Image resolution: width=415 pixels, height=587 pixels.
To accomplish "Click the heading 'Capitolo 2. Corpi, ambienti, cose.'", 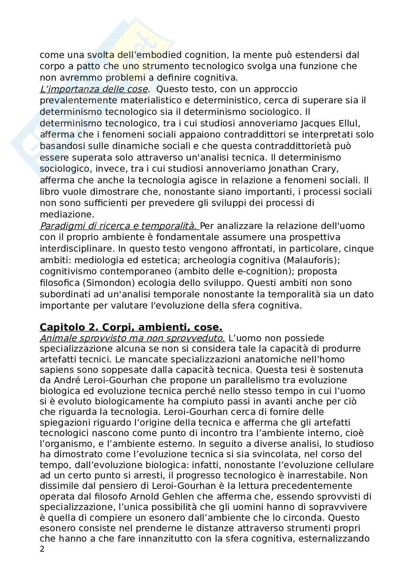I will point(131,328).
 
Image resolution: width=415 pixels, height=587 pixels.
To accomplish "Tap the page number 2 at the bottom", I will point(42,549).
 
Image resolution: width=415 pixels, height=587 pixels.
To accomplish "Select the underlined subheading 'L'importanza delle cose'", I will point(94,89).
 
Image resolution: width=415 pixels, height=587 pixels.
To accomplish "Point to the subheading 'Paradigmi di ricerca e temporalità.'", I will point(118,226).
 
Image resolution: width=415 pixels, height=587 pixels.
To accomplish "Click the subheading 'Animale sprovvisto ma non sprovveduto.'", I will point(132,338).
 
